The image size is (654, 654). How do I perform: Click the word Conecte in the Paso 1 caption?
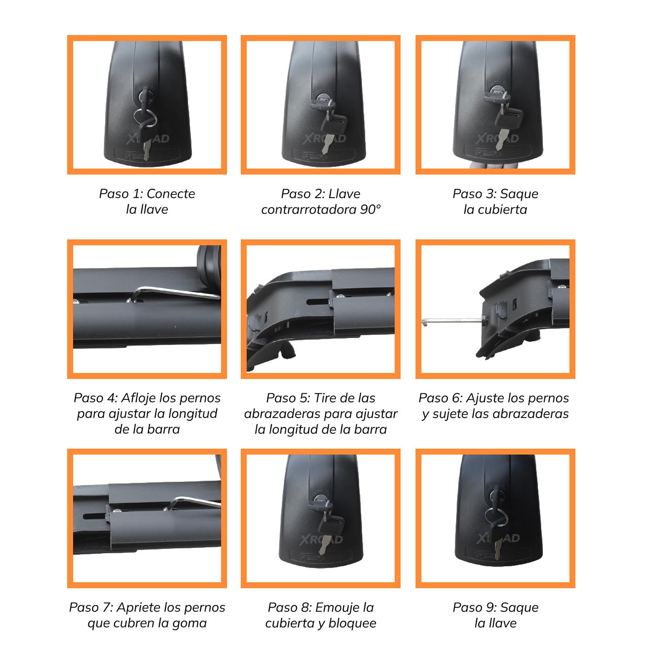pyautogui.click(x=171, y=194)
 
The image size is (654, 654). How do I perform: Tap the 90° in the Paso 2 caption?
pyautogui.click(x=371, y=209)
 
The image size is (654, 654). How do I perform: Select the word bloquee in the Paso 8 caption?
pyautogui.click(x=352, y=623)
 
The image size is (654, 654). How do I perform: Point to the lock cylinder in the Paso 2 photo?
pyautogui.click(x=323, y=98)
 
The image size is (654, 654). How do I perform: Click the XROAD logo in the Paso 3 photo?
pyautogui.click(x=497, y=139)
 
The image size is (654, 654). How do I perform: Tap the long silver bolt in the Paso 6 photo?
pyautogui.click(x=453, y=321)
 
